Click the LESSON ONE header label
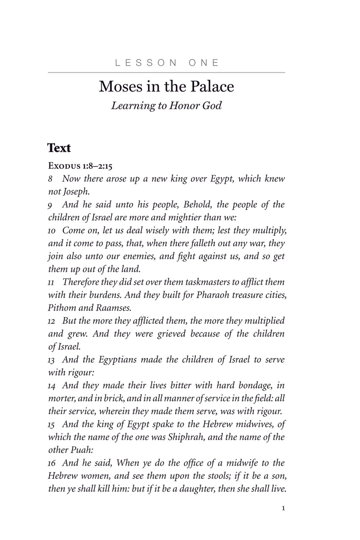click(167, 63)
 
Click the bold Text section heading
click(59, 148)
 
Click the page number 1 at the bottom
click(283, 508)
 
